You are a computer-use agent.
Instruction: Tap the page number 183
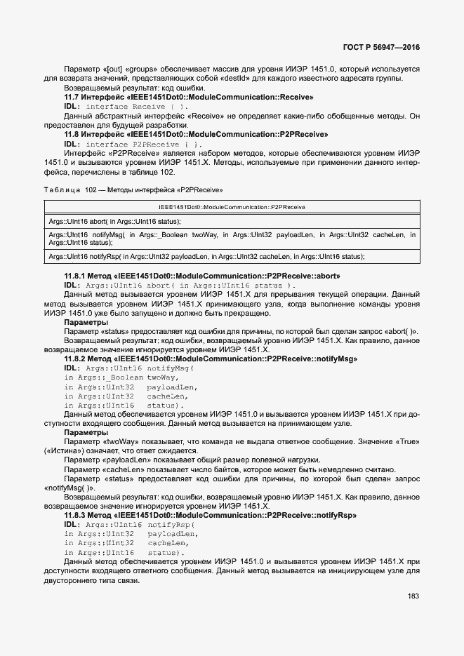tap(413, 596)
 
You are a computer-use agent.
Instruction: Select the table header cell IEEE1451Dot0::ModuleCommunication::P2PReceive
tap(231, 208)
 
